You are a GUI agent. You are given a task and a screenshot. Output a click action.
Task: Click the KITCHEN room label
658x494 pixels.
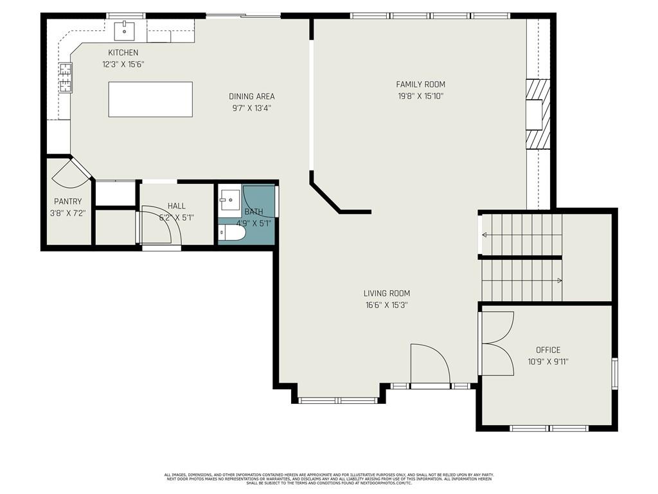[x=123, y=53]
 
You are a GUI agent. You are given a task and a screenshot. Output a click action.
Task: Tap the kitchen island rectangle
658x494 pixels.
[x=150, y=99]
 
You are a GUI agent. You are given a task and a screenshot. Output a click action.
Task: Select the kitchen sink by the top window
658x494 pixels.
[x=125, y=30]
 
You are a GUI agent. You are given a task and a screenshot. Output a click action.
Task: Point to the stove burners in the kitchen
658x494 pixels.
[x=66, y=77]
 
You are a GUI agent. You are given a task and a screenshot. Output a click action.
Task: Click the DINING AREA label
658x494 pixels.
[x=251, y=96]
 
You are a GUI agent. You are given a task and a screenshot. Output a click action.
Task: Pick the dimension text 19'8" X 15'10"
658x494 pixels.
[x=420, y=96]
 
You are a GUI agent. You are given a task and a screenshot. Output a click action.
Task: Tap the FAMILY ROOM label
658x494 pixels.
[x=420, y=84]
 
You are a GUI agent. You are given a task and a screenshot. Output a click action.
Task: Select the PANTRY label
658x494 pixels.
[x=67, y=201]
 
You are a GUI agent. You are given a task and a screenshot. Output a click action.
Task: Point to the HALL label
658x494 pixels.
[x=177, y=206]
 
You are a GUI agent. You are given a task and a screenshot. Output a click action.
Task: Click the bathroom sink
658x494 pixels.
[x=229, y=200]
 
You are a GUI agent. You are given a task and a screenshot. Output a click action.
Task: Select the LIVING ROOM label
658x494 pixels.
[x=386, y=293]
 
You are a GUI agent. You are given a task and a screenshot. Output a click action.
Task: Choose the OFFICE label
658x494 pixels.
[x=548, y=350]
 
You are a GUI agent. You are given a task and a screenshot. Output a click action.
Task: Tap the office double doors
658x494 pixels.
[x=497, y=343]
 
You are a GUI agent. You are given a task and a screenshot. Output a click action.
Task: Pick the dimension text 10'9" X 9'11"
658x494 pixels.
[x=548, y=361]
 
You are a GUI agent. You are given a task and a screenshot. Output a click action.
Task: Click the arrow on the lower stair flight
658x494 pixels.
[x=560, y=280]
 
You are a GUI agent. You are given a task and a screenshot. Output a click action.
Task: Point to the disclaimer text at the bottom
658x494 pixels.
[x=328, y=479]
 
